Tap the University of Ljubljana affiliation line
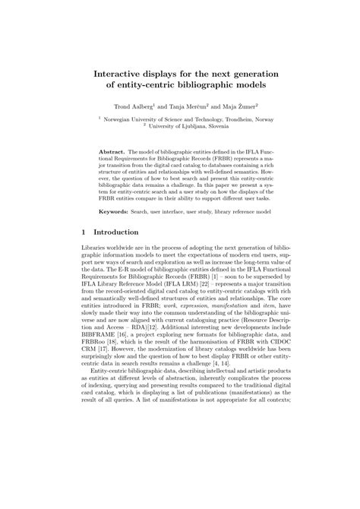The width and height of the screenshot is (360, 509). point(180,127)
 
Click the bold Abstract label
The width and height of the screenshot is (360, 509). point(112,152)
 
